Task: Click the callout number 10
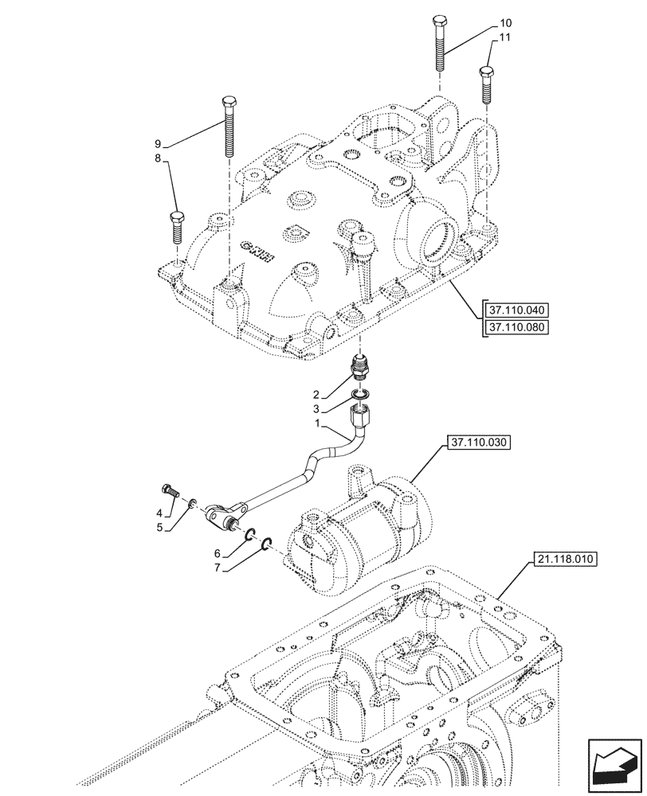coord(507,23)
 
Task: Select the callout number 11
coord(507,37)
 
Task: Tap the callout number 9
coord(158,144)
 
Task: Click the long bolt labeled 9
coord(229,127)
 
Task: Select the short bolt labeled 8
coord(177,228)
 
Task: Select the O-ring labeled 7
coord(266,543)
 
